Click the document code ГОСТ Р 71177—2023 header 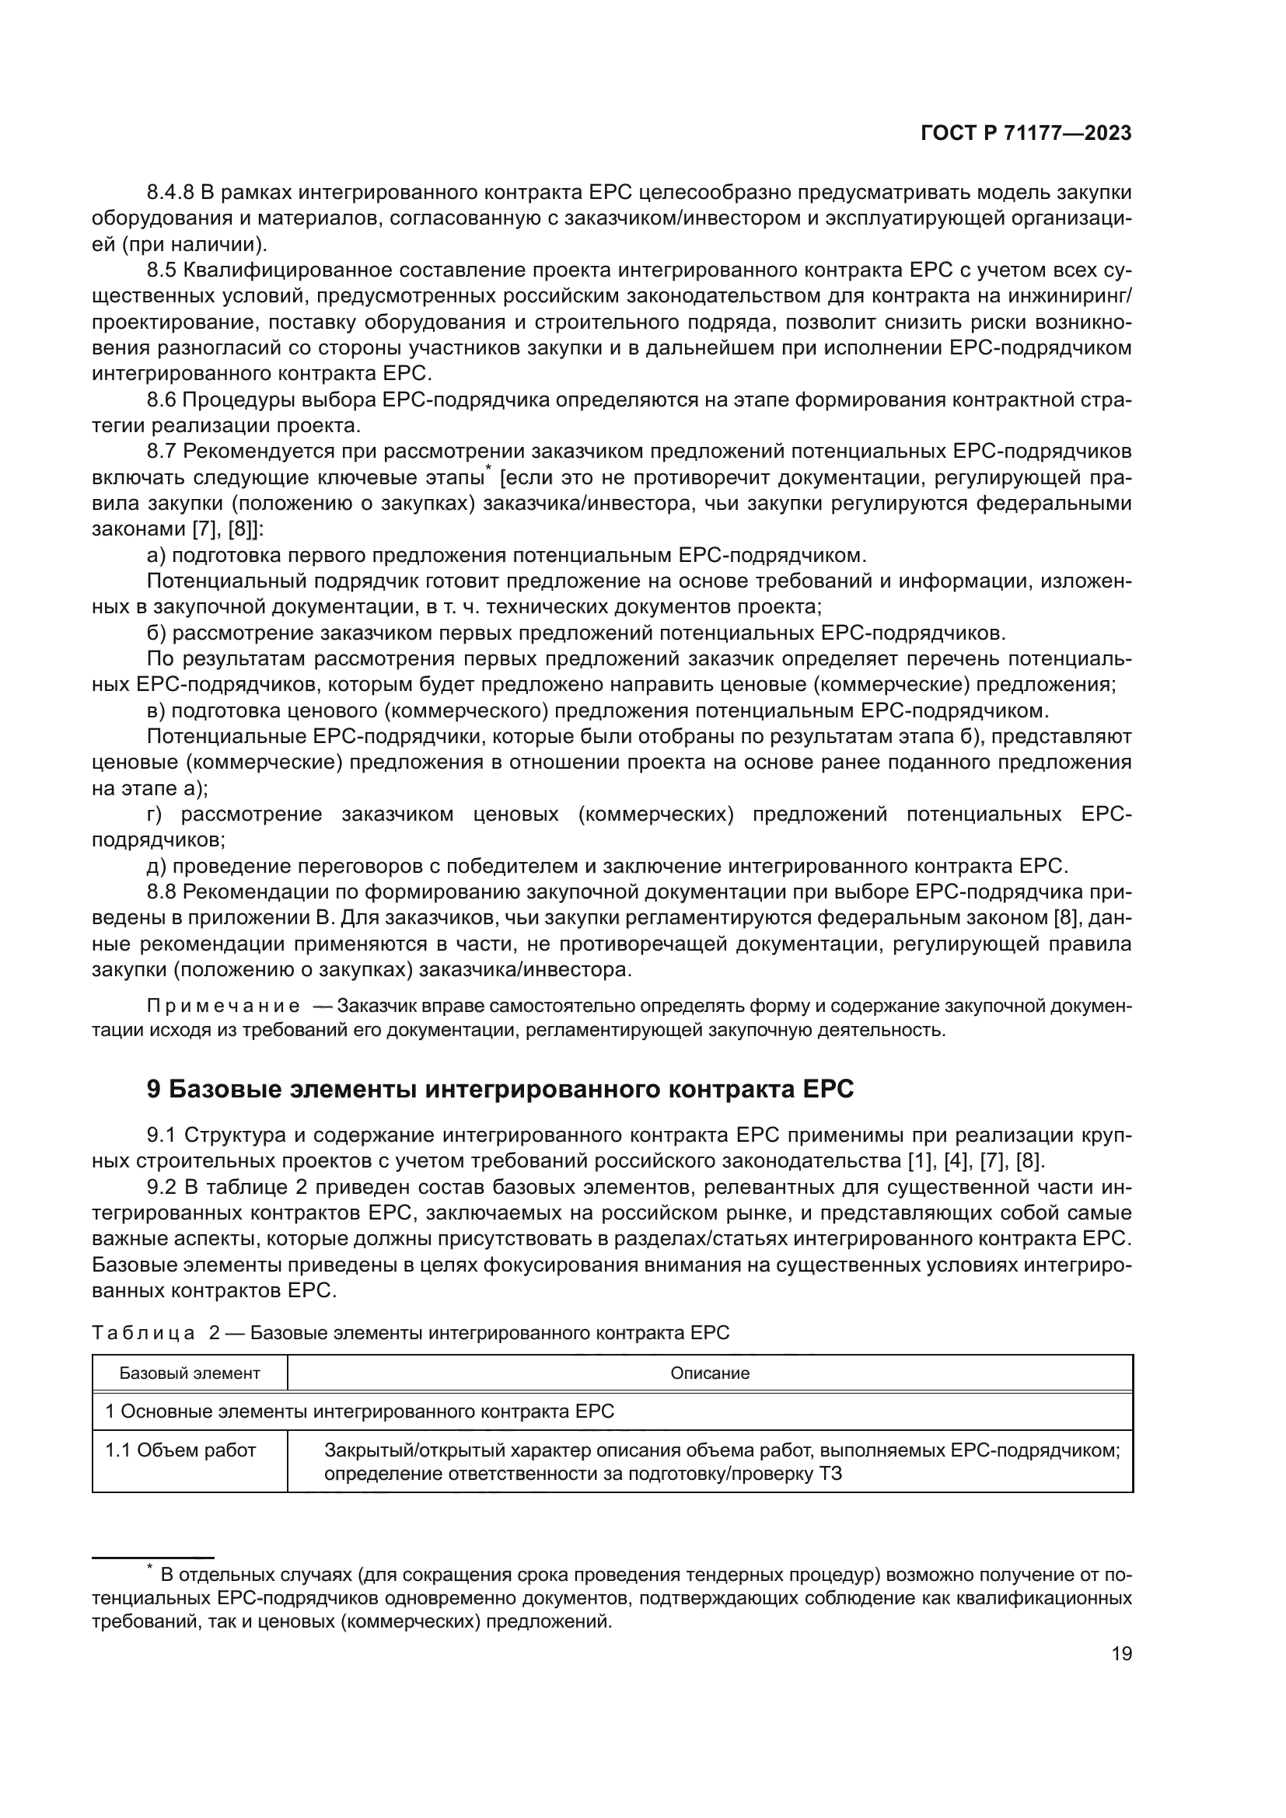point(1026,133)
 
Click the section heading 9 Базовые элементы point(501,1090)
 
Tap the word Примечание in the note point(223,1007)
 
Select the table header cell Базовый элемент point(190,1373)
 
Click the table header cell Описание point(710,1373)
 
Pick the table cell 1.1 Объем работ point(180,1450)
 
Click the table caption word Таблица point(143,1333)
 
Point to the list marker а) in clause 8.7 point(156,555)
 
